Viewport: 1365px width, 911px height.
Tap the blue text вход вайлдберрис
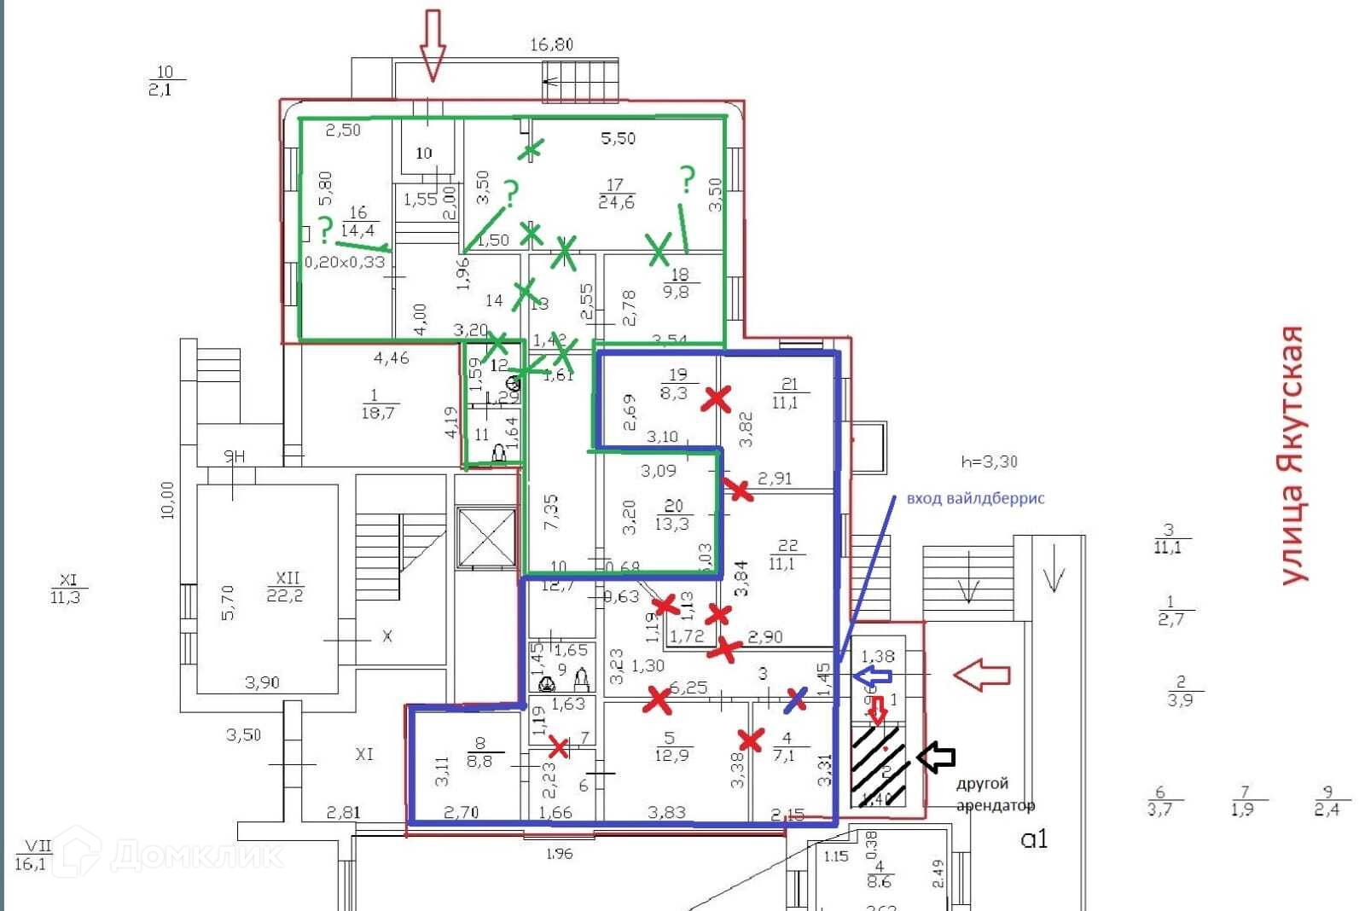coord(975,498)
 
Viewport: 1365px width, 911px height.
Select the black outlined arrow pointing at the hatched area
coord(936,756)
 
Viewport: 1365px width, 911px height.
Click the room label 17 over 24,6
coord(616,194)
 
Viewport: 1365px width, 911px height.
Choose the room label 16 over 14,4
coord(357,221)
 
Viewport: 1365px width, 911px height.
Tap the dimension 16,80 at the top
coord(551,44)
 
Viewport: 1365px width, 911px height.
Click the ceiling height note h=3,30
coord(989,461)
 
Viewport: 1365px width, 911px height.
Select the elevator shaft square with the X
coord(486,537)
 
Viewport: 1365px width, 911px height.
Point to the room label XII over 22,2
coord(285,587)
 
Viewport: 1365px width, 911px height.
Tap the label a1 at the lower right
coord(1033,839)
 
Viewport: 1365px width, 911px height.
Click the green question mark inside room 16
coord(324,229)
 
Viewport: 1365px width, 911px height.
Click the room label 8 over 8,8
coord(479,752)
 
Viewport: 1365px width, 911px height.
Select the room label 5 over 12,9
coord(671,746)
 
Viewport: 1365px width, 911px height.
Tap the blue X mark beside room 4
coord(795,700)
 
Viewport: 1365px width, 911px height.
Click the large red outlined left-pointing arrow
coord(981,675)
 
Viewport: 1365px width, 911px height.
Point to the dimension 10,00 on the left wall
coord(167,500)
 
